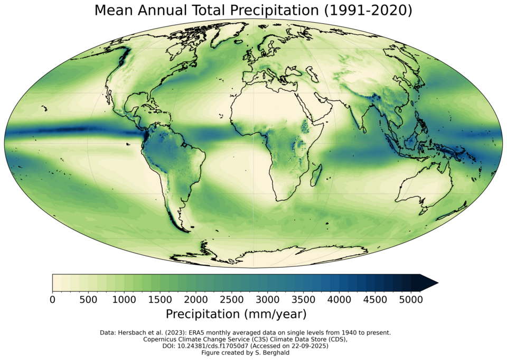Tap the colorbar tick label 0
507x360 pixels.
click(x=52, y=299)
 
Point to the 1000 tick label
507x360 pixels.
click(x=124, y=299)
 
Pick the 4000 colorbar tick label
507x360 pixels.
click(x=339, y=299)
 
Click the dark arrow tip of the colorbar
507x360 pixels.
click(x=430, y=283)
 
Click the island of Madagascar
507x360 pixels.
click(x=318, y=172)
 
